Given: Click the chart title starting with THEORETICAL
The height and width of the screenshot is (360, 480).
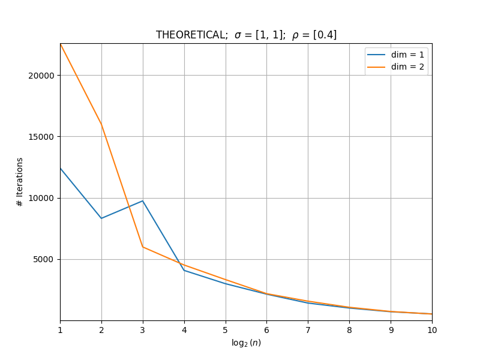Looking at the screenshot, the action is (x=246, y=35).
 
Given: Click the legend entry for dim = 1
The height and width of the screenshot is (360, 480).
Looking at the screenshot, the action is (x=395, y=55).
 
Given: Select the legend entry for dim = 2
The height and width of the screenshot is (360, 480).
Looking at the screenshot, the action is (x=395, y=67).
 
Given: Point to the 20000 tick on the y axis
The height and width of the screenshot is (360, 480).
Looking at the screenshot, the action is (x=41, y=76).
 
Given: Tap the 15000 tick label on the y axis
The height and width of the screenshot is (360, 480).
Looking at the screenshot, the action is (x=41, y=137).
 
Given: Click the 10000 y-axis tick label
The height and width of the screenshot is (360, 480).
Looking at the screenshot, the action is (x=41, y=198).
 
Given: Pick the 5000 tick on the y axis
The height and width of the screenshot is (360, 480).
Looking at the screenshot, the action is (x=43, y=260).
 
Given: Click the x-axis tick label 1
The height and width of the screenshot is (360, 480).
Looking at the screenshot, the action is (x=61, y=330).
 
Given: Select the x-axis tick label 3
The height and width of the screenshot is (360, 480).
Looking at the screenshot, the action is (x=143, y=330).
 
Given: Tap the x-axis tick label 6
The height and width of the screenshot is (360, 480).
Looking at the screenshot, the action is (x=266, y=330).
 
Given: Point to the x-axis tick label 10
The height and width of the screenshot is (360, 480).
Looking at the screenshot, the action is (x=432, y=330).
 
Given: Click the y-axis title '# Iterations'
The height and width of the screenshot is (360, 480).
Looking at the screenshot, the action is (x=20, y=182).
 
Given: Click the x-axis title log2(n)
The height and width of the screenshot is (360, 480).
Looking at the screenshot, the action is (x=246, y=343).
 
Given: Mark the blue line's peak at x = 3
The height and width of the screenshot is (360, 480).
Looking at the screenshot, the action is (x=143, y=201).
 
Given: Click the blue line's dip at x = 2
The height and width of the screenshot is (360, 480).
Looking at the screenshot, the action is (x=101, y=218).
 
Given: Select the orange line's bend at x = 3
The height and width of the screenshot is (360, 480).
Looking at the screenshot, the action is (x=143, y=247).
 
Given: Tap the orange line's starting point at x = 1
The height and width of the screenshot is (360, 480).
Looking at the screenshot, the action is (x=61, y=44).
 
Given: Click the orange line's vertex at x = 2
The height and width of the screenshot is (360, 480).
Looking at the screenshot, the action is (x=101, y=125).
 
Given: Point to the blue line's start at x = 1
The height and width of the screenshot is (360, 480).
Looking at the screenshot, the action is (x=61, y=168).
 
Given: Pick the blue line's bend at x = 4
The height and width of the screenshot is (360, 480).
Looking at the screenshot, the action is (x=184, y=271).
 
